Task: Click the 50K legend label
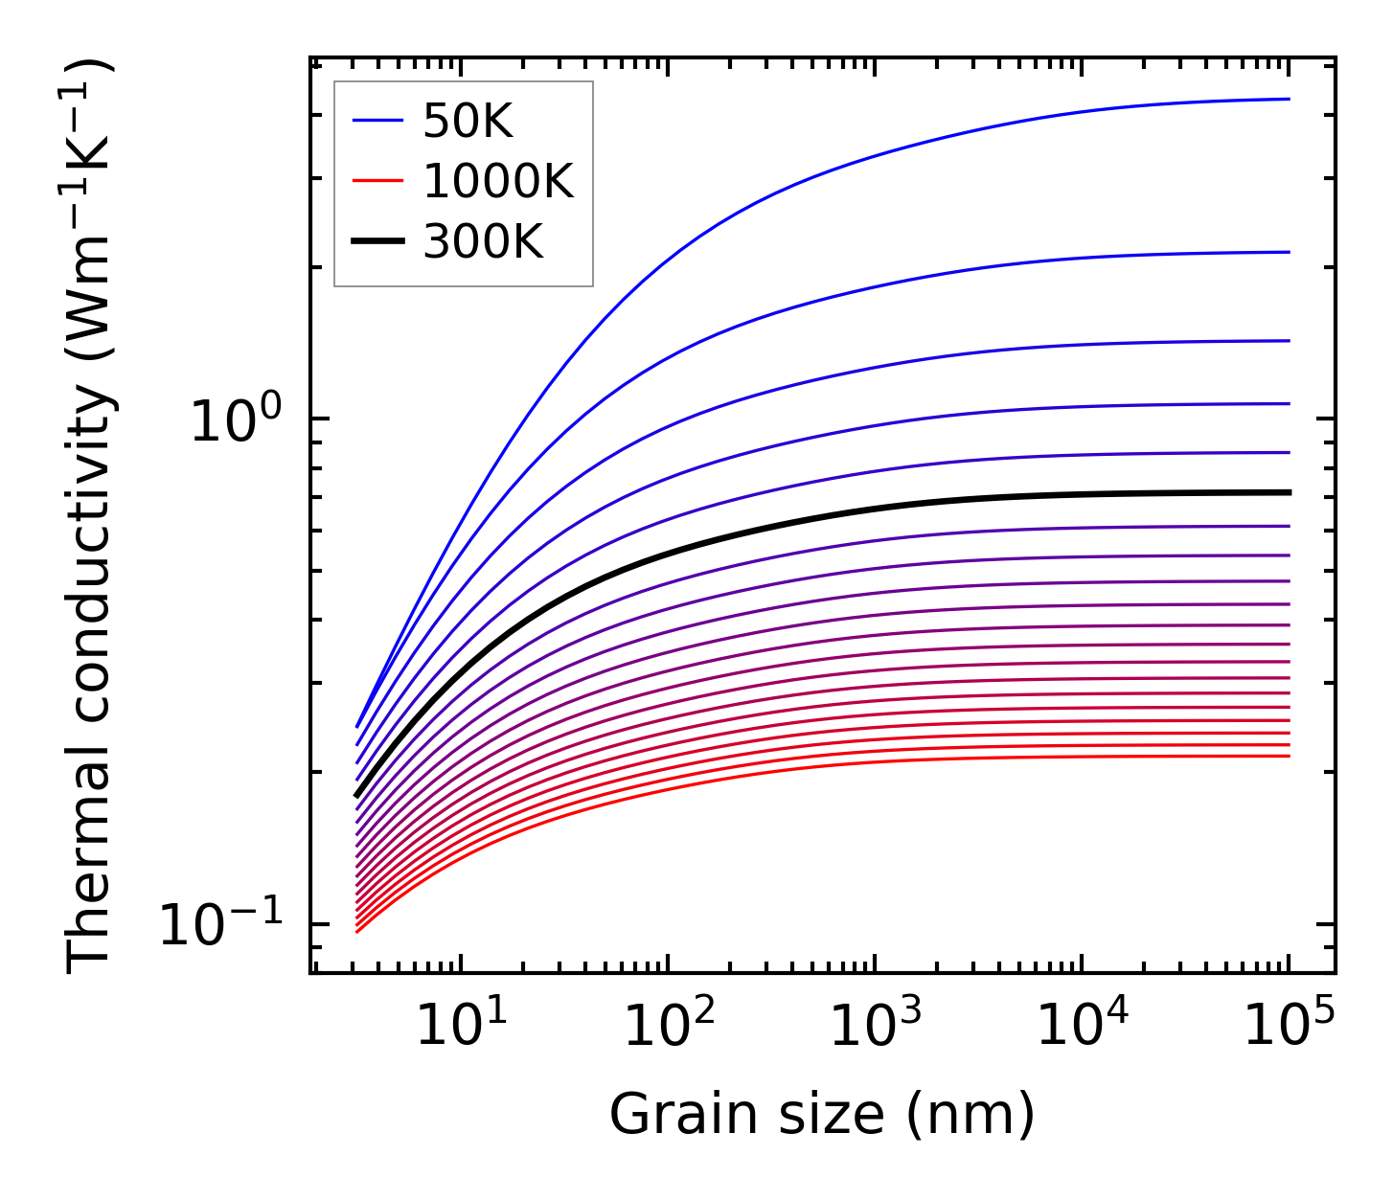tap(468, 122)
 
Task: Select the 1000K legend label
tap(497, 182)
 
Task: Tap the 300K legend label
tap(482, 242)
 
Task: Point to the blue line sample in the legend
tap(379, 121)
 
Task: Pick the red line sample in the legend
tap(379, 181)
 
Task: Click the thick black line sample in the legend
tap(379, 241)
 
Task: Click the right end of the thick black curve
tap(1289, 492)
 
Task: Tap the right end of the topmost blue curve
tap(1289, 99)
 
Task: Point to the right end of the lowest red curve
tap(1289, 757)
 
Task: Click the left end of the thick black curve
tap(357, 795)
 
